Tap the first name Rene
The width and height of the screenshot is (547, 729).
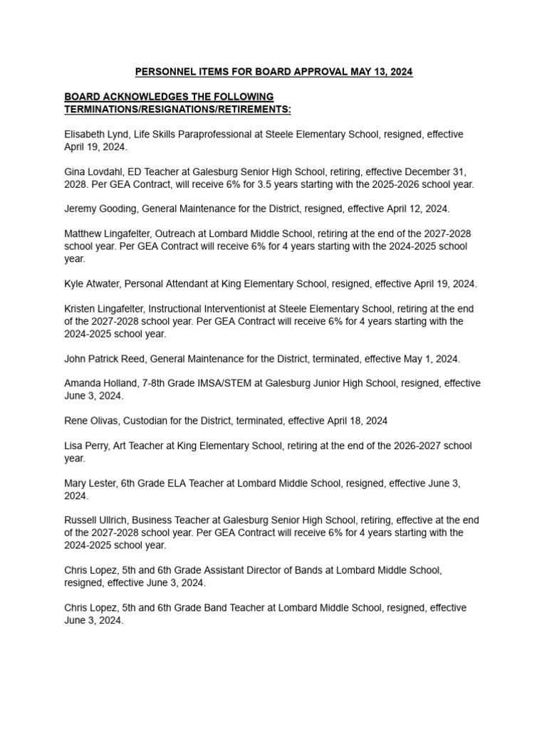tap(76, 421)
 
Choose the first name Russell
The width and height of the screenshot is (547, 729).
tap(82, 520)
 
